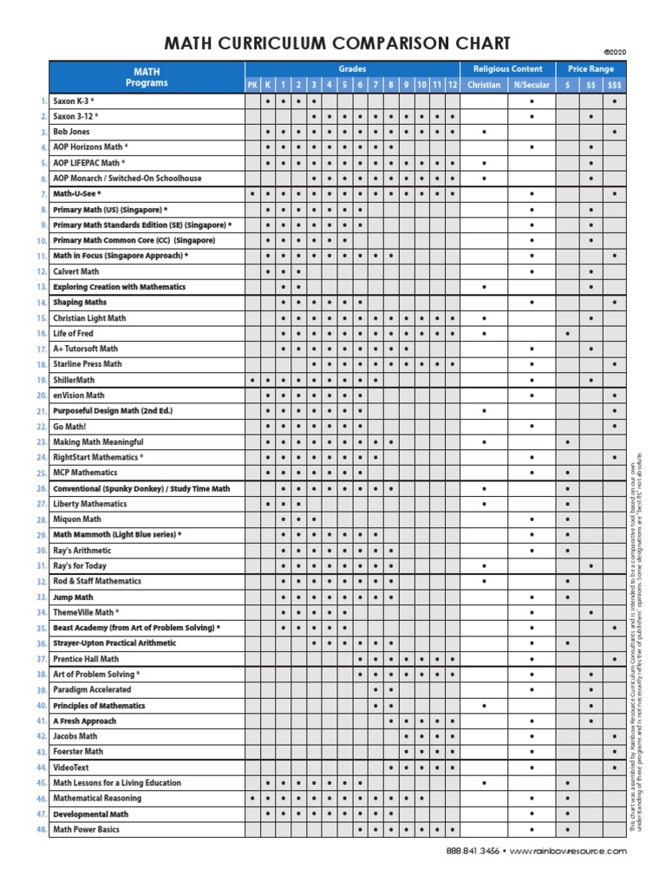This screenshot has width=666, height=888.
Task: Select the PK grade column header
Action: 252,84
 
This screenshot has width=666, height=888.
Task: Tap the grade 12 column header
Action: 451,84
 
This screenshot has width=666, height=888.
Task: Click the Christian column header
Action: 483,84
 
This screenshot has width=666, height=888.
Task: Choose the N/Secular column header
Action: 531,84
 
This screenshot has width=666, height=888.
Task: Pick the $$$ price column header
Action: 614,84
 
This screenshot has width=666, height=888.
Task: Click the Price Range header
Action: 591,69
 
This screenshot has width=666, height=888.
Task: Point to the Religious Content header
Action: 507,69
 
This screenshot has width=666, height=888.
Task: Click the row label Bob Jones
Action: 71,132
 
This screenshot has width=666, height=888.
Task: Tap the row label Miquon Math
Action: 77,519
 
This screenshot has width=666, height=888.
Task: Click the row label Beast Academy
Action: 136,627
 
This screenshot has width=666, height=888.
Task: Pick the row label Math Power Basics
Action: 86,830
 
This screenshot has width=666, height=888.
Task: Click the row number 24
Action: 41,457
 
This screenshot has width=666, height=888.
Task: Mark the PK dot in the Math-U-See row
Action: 252,193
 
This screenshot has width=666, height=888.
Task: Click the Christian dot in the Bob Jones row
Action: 483,132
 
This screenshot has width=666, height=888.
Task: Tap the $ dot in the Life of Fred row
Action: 567,333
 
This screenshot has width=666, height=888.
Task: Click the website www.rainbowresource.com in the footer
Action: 567,852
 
